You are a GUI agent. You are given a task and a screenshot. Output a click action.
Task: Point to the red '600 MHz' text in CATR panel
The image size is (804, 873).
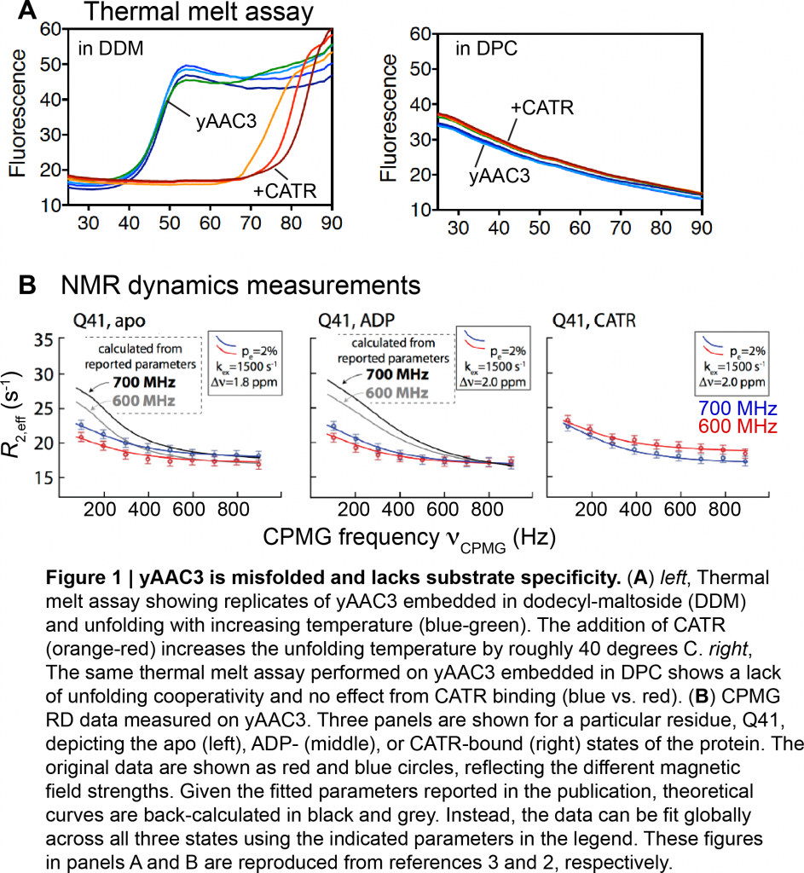[726, 425]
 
